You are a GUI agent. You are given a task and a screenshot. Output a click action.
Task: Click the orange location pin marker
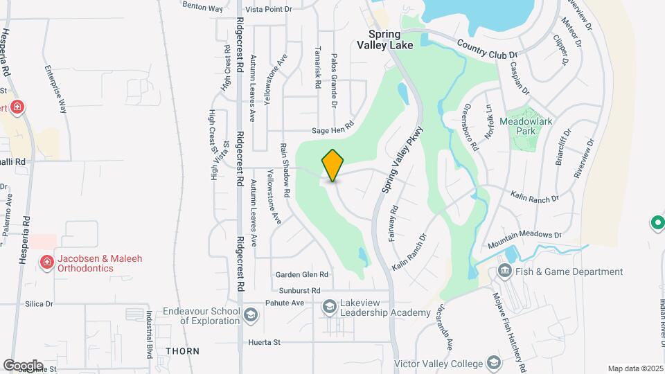[332, 166]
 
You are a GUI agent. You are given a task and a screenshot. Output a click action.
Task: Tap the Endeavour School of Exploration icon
[250, 316]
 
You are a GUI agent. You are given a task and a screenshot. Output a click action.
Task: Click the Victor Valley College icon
[493, 362]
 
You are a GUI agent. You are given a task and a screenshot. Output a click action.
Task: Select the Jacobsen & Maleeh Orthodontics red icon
[46, 262]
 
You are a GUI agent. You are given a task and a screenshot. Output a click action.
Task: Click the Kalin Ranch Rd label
[534, 198]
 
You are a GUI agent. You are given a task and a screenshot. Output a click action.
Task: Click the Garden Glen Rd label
[301, 274]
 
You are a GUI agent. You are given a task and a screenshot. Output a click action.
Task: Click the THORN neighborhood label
[183, 351]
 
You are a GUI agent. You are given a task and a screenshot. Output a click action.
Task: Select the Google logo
[23, 365]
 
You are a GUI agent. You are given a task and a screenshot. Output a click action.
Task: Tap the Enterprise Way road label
[55, 90]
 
